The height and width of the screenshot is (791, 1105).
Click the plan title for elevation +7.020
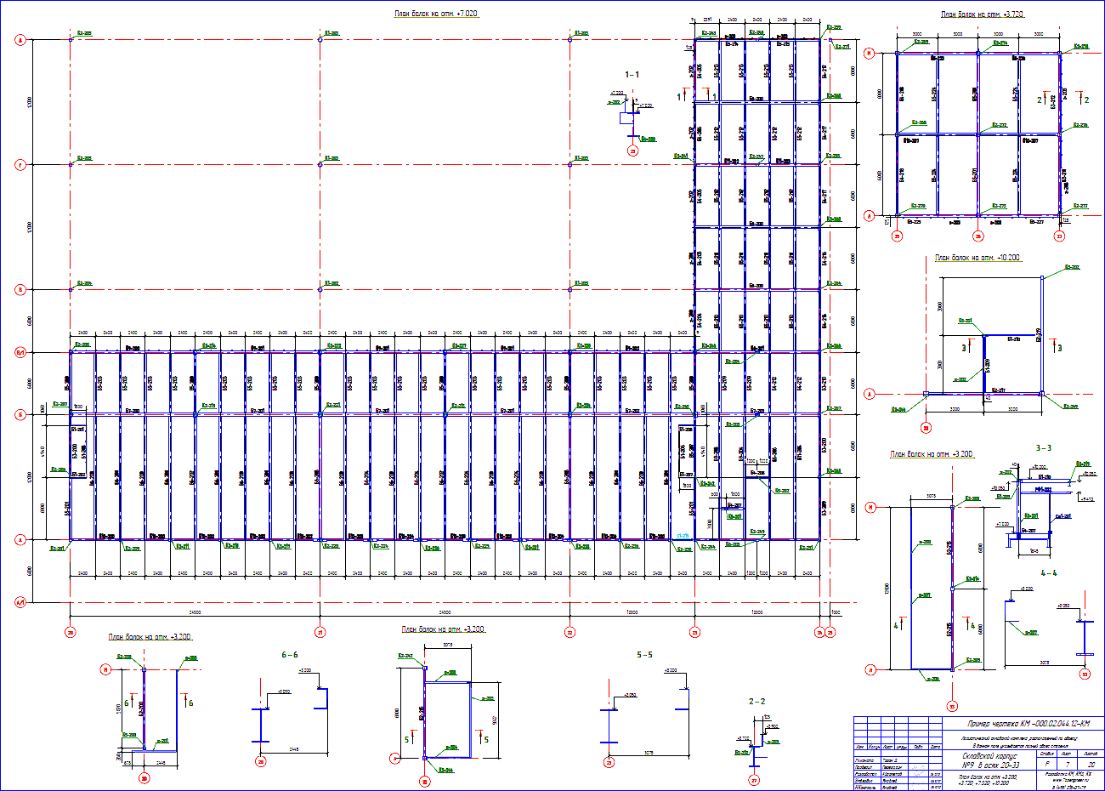coord(436,14)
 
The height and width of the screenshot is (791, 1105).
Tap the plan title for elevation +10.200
coord(977,257)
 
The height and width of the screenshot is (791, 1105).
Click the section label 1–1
coord(632,75)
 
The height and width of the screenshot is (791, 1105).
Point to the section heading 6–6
coord(290,655)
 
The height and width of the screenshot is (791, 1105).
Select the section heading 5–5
coord(644,655)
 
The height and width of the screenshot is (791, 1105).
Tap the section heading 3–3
coord(1043,447)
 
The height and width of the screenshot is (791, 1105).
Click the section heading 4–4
coord(1048,572)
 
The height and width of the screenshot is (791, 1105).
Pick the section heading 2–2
coord(756,702)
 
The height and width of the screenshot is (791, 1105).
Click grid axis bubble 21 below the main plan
coord(320,632)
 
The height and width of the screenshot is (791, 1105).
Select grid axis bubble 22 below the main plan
coord(569,632)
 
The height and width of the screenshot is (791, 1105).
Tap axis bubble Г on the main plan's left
coord(20,165)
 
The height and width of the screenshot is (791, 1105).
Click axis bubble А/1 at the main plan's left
coord(20,602)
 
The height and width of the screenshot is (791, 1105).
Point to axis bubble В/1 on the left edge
coord(20,351)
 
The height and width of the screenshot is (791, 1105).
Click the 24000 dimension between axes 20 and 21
coord(195,612)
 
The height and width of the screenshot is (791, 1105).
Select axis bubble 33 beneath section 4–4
coord(1084,675)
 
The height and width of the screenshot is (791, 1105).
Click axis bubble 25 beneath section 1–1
coord(632,151)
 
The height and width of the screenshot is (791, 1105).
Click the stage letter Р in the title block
coord(1046,765)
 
